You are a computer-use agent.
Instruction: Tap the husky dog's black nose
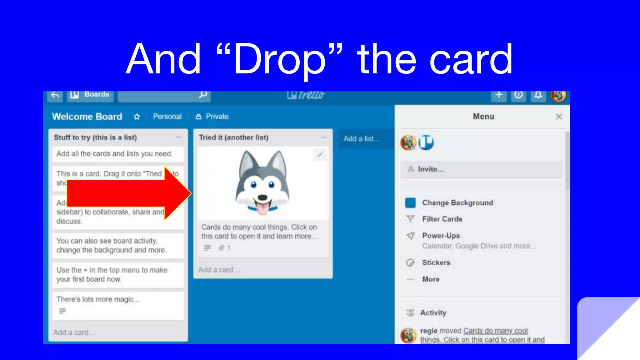(x=262, y=197)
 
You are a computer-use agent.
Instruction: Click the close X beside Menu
(x=559, y=117)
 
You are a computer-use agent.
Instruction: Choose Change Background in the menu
(x=457, y=203)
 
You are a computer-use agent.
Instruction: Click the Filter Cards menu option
(x=442, y=219)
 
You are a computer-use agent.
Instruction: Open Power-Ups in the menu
(x=441, y=236)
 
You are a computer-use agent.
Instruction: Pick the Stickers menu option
(x=436, y=262)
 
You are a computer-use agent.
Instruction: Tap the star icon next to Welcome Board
(x=137, y=117)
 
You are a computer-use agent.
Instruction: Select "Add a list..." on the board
(x=362, y=139)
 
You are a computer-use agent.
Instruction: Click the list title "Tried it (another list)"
(x=234, y=137)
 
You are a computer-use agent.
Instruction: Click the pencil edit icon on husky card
(x=320, y=154)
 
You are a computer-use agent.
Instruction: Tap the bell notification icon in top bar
(x=538, y=95)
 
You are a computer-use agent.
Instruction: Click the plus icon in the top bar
(x=499, y=95)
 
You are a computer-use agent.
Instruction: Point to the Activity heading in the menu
(x=433, y=313)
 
